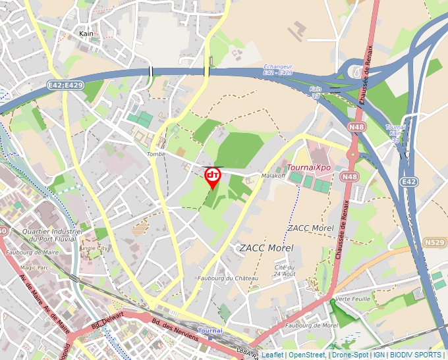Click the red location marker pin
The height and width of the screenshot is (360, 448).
(x=213, y=176)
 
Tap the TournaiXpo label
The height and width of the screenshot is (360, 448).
(x=308, y=167)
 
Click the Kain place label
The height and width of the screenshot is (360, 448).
(x=86, y=34)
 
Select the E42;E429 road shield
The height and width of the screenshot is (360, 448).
(x=65, y=86)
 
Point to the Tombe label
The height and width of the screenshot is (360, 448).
(x=156, y=154)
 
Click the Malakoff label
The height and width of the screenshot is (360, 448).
(x=272, y=176)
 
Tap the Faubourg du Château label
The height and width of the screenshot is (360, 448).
(x=228, y=278)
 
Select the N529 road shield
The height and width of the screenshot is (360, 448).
(x=434, y=243)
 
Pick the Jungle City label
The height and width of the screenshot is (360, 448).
(x=93, y=249)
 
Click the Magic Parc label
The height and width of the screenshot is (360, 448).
(x=35, y=268)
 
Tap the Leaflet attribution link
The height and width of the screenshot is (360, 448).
(x=272, y=355)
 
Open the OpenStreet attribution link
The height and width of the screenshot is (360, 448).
(x=307, y=355)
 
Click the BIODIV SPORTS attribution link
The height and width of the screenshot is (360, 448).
(x=416, y=355)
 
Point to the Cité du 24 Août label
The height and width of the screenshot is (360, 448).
(x=285, y=270)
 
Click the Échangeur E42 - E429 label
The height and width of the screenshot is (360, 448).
(x=277, y=69)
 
